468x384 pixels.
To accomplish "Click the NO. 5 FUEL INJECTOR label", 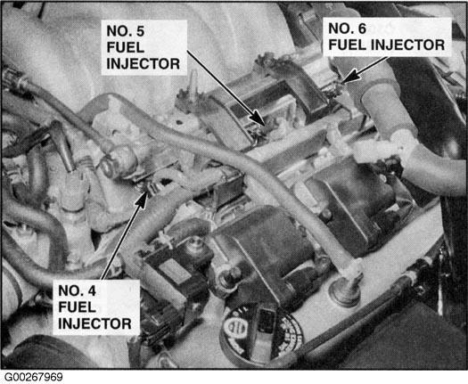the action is [x=144, y=47].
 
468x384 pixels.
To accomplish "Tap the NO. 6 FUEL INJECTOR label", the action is [x=387, y=37].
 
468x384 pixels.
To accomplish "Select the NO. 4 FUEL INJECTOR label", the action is [x=94, y=307].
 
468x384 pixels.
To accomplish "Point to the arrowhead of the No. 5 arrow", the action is [x=259, y=118].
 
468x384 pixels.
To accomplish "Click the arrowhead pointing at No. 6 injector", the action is [x=350, y=76].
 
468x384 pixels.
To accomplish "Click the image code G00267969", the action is [x=34, y=377].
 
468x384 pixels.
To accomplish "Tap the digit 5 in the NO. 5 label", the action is [x=140, y=31].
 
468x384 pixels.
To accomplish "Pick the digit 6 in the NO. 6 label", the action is [x=362, y=29].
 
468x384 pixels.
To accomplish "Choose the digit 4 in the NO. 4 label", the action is [x=92, y=291].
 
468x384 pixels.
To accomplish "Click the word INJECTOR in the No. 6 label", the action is [x=408, y=45].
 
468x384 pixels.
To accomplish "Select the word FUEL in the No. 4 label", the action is [x=77, y=307].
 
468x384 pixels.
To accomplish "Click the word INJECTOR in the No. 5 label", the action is [x=144, y=64].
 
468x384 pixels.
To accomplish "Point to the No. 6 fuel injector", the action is [x=336, y=88].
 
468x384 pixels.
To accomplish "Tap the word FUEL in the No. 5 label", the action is [x=126, y=47].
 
